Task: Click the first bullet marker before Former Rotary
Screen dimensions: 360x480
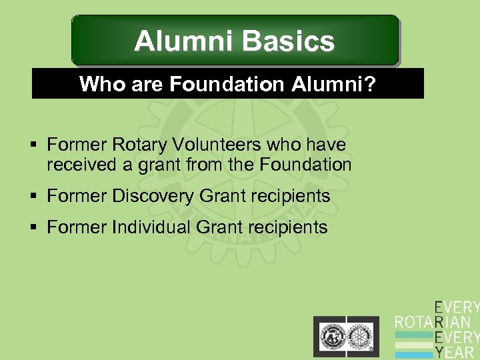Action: coord(36,145)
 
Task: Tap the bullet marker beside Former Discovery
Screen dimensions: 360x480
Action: coord(36,197)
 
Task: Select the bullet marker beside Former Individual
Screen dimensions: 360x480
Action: coord(36,228)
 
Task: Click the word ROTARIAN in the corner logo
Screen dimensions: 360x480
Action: coord(437,322)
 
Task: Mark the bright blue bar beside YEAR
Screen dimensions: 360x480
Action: coord(413,353)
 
